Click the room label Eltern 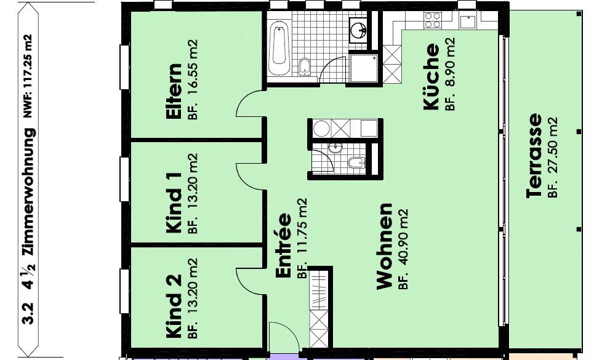point(173,92)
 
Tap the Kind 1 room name point(174,202)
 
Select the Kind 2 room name point(174,306)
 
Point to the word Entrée point(283,246)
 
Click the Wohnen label point(384,246)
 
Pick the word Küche point(431,76)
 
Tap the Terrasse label point(534,156)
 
